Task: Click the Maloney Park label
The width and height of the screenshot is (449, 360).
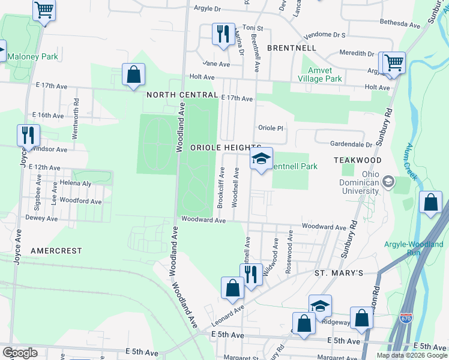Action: [x=31, y=57]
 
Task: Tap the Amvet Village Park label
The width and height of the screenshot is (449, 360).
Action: [x=321, y=74]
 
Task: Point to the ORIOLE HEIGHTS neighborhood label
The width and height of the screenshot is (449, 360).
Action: [x=224, y=147]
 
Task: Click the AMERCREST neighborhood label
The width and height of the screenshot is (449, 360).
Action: [x=56, y=250]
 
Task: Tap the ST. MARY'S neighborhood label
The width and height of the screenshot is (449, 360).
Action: [x=339, y=273]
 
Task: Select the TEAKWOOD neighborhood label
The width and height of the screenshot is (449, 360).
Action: [x=358, y=161]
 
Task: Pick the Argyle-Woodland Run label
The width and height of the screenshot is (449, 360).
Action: [x=414, y=249]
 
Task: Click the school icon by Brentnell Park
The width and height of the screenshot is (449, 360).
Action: [x=261, y=159]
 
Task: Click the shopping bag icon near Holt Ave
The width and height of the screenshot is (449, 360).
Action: [x=133, y=75]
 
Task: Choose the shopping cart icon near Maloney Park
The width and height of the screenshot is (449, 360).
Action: [x=44, y=10]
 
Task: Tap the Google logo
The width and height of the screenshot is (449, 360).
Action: [x=20, y=353]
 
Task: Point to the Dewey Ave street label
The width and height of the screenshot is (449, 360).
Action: [x=41, y=218]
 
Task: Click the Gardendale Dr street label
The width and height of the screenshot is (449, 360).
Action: [x=352, y=144]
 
